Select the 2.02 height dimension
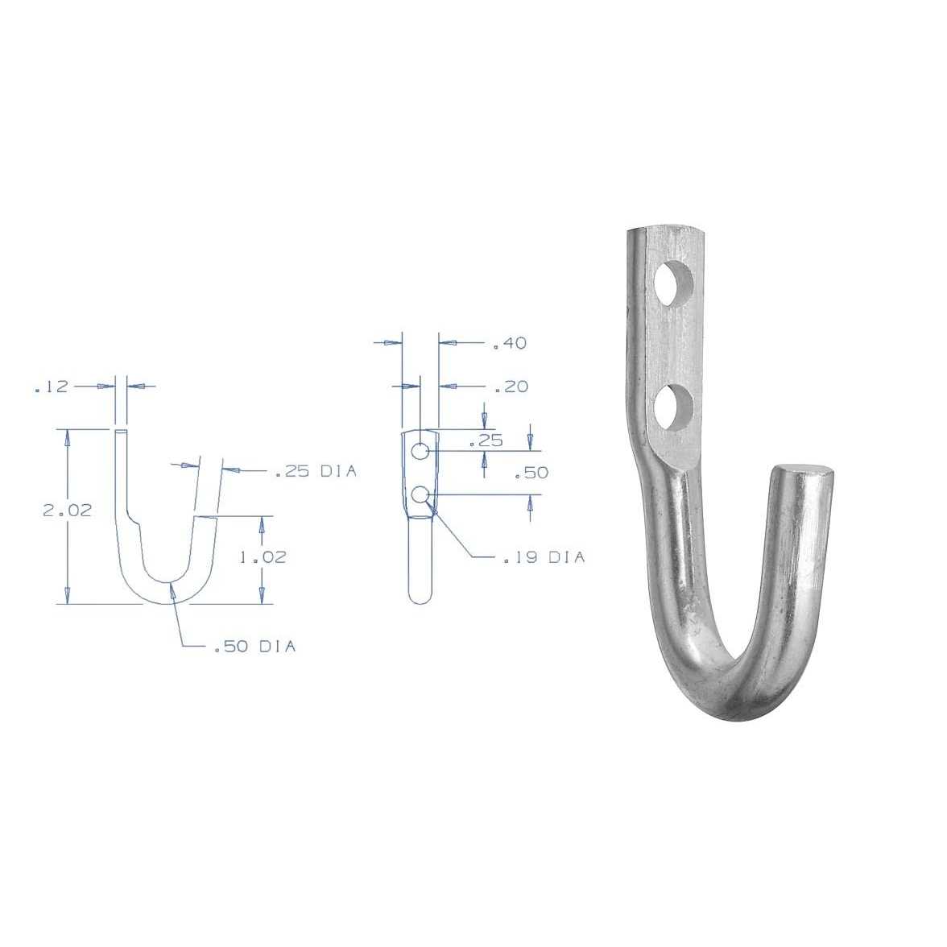[67, 511]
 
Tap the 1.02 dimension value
[263, 556]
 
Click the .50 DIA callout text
[254, 647]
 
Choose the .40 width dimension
[509, 344]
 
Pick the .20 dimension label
[511, 387]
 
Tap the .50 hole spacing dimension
[531, 473]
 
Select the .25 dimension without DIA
[486, 440]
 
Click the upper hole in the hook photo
[675, 283]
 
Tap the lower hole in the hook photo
[674, 408]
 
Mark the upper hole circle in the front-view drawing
[420, 451]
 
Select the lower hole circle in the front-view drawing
[420, 494]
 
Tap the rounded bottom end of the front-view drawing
[420, 597]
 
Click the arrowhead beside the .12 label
[105, 387]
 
